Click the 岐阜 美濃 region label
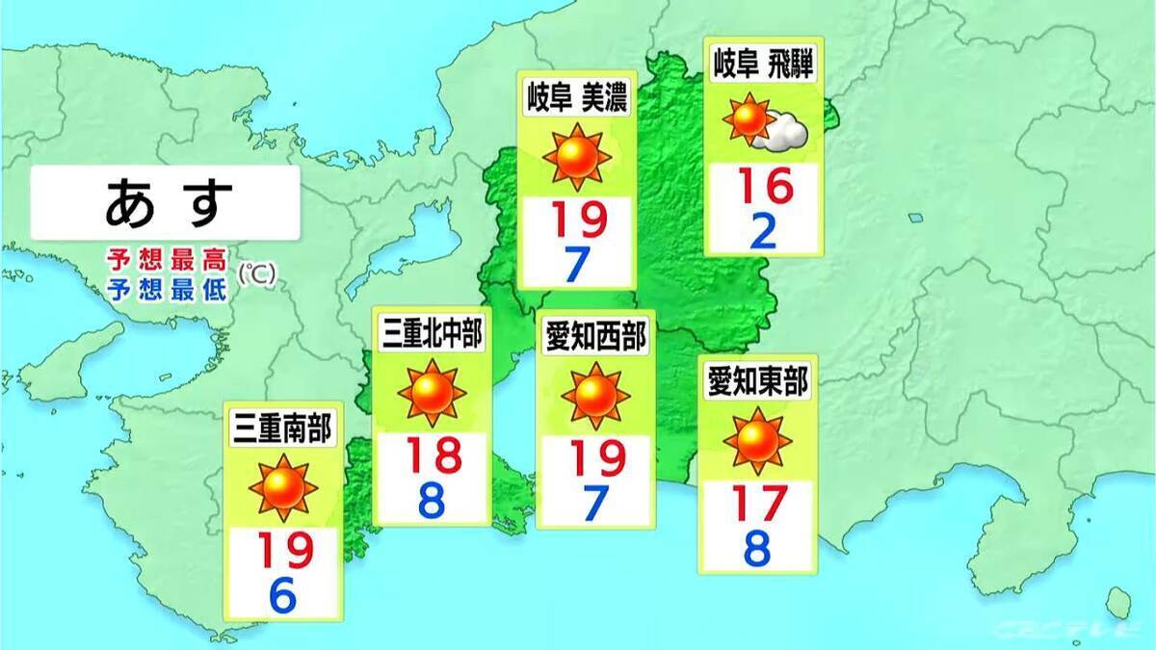(576, 95)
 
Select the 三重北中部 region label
(431, 336)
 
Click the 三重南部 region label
(282, 429)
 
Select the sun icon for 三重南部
(282, 487)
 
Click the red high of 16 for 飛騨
(762, 186)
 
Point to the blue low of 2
(763, 230)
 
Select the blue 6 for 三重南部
(282, 597)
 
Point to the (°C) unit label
(257, 274)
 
